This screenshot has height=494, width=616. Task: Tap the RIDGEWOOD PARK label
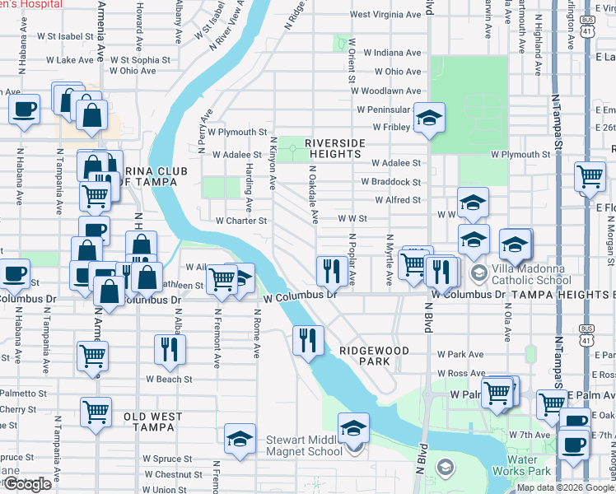pos(375,356)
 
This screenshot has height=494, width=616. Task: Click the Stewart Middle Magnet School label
pos(304,445)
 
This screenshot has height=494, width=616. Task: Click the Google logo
pos(27,484)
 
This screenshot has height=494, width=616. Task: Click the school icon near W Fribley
pos(429,118)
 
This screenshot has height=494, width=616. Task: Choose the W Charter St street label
pos(241,221)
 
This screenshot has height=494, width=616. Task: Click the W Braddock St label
pos(390,182)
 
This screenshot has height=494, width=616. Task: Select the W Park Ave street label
pos(460,354)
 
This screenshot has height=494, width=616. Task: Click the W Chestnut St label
pos(173,474)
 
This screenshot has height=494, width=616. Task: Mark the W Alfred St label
pos(397,200)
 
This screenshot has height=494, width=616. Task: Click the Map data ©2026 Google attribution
pos(564,487)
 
